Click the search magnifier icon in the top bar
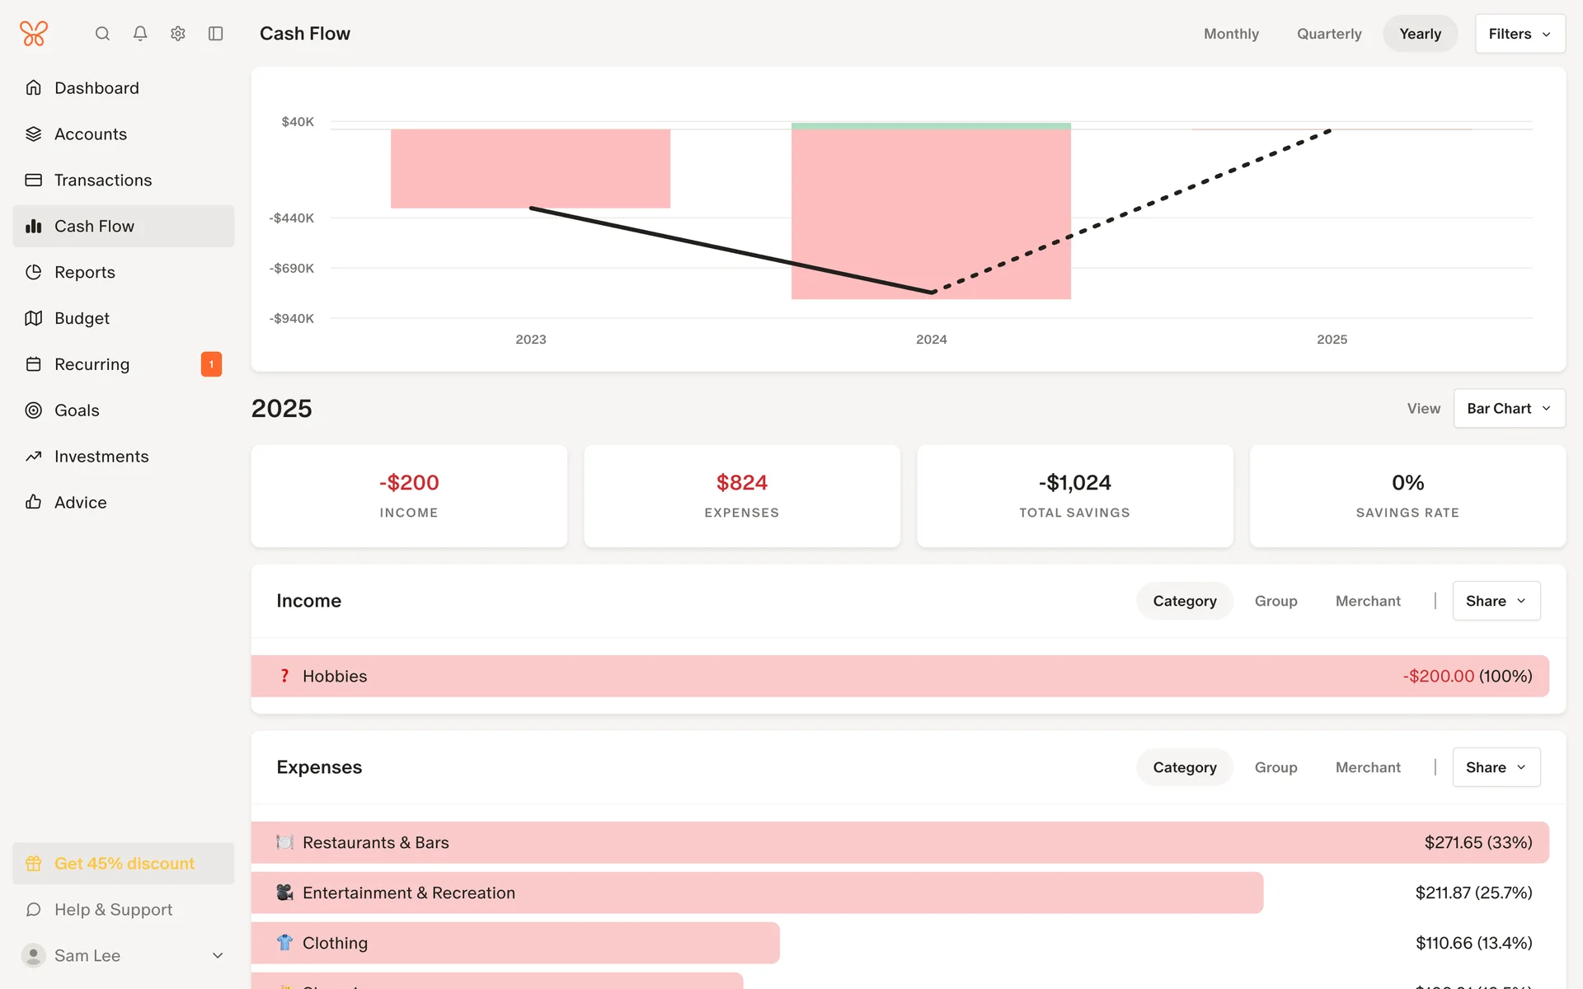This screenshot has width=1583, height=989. point(102,34)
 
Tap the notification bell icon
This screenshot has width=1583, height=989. point(140,34)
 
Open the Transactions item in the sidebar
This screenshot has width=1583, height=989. point(103,180)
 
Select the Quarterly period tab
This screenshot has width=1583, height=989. point(1329,34)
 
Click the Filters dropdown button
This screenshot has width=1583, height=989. point(1520,34)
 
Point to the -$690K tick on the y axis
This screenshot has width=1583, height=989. point(292,269)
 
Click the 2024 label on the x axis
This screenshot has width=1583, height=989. point(931,340)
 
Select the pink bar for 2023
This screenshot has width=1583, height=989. point(530,169)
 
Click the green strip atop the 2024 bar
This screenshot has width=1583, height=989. point(931,126)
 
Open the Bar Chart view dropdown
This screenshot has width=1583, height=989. point(1509,409)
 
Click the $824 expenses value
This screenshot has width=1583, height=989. point(741,483)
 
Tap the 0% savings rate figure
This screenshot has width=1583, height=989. point(1407,483)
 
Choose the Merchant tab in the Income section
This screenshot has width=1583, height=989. point(1368,602)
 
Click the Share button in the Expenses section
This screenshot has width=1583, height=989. point(1496,768)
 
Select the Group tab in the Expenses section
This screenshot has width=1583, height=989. point(1275,768)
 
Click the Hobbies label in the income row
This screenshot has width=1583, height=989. point(335,677)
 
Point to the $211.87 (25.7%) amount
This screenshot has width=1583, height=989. point(1473,893)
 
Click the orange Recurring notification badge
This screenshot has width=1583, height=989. point(211,364)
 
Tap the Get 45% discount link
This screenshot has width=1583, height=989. point(124,864)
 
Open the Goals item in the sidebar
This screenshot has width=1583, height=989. point(77,410)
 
